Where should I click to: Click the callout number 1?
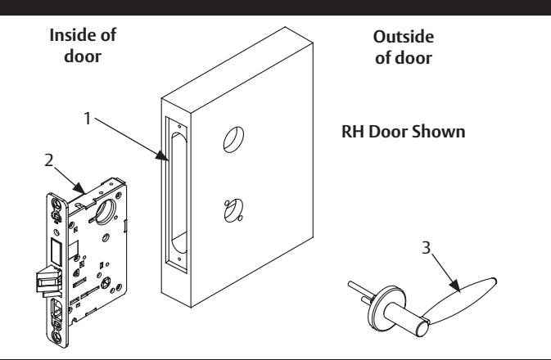pos(88,119)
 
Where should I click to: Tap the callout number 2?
pos(49,160)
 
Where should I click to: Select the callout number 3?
pos(426,248)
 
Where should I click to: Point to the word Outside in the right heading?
pos(404,37)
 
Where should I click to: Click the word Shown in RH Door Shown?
pos(438,132)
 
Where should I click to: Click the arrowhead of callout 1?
pos(162,155)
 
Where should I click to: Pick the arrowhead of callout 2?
pos(79,188)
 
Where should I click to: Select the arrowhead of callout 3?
pos(455,286)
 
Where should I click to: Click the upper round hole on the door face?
pos(233,139)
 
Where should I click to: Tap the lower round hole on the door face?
pos(233,211)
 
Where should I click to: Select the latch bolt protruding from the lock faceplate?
pos(49,281)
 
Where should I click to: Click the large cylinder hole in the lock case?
pos(106,211)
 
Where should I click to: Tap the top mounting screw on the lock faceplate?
pos(56,204)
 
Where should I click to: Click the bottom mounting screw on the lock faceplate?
pos(57,336)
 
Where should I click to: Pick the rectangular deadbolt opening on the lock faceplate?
pos(56,251)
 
